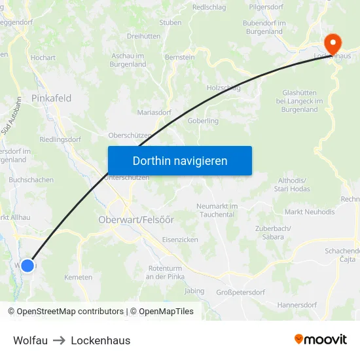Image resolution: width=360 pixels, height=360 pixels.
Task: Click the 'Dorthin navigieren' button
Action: (x=180, y=160)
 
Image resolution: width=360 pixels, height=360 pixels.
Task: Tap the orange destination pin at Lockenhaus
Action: (x=333, y=43)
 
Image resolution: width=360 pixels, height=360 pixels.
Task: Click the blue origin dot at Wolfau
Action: (x=27, y=265)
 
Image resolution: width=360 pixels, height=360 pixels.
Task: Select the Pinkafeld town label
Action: (x=51, y=98)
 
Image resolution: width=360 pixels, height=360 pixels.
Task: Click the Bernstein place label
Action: (x=179, y=58)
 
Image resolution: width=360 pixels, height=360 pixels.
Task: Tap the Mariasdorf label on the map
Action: (x=154, y=112)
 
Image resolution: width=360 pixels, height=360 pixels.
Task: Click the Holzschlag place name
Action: (x=223, y=87)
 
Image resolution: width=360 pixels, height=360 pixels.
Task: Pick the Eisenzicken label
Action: (x=180, y=240)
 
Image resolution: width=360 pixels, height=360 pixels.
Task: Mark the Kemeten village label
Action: (x=79, y=278)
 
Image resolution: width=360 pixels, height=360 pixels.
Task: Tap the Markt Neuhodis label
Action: (x=310, y=211)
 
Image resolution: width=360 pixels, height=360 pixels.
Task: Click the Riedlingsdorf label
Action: (x=60, y=139)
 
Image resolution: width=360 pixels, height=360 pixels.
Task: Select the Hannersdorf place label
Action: (x=297, y=304)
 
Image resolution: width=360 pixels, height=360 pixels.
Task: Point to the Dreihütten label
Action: (x=143, y=37)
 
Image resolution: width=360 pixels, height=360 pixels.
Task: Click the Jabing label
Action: (x=194, y=291)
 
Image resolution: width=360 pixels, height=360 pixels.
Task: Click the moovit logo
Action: (x=321, y=340)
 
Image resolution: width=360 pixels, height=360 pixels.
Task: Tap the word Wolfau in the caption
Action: (x=30, y=340)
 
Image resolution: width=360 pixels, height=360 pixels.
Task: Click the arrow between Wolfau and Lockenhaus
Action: (x=59, y=340)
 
